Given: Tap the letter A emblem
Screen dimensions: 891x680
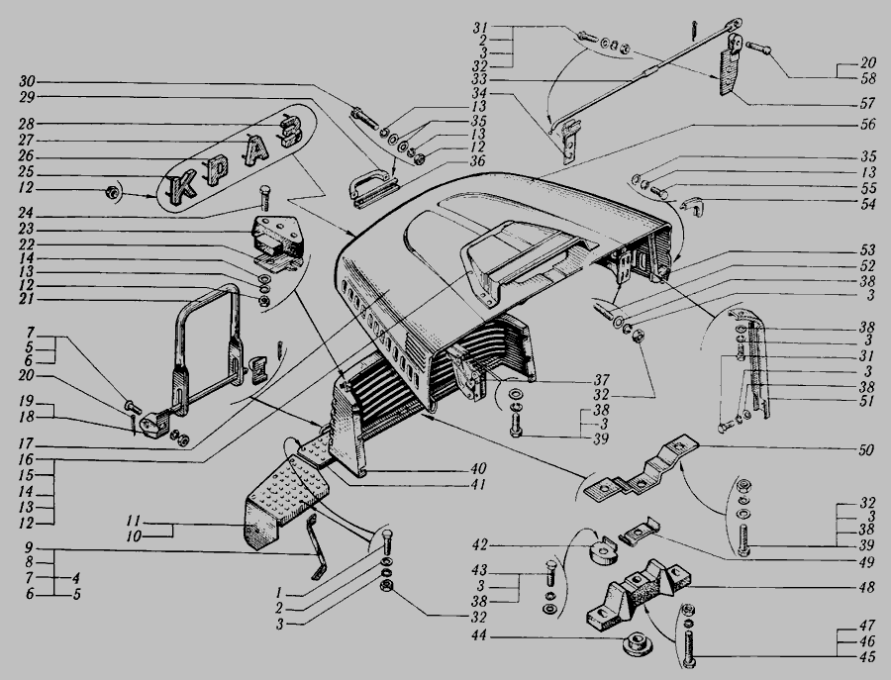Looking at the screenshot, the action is coord(256,148).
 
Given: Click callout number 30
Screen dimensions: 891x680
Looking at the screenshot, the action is coord(27,81).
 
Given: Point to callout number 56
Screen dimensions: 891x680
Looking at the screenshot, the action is coord(867,124).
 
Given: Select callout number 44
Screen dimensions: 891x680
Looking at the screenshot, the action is coord(479,635).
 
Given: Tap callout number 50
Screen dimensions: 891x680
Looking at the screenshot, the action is coord(866,451).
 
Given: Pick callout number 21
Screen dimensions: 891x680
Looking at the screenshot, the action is coord(27,299).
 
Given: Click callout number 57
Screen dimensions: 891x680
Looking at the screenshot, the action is coord(867,103).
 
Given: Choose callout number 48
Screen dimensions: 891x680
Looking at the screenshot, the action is coord(867,587).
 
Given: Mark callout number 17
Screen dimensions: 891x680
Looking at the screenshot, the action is coord(26,443).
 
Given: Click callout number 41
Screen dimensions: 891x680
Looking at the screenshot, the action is coord(478,485).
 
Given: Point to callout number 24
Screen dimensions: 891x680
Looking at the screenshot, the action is coord(26,214).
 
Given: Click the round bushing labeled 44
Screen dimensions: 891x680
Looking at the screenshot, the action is coord(637,643).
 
